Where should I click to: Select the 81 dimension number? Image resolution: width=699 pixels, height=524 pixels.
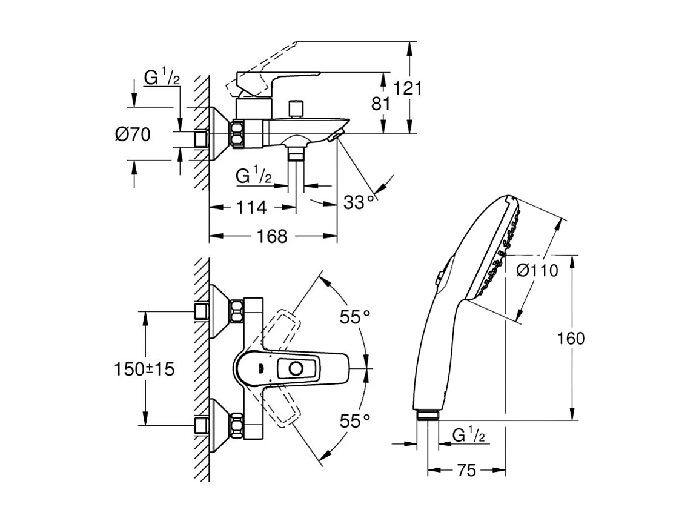tap(380, 104)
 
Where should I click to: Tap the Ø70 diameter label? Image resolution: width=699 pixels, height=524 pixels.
tap(133, 134)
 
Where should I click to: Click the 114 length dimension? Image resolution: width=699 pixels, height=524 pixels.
tap(250, 207)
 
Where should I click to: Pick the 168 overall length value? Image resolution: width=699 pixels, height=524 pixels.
tap(272, 236)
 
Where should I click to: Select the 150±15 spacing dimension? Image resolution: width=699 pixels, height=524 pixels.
tap(144, 368)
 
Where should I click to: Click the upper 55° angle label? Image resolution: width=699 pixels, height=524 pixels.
tap(354, 316)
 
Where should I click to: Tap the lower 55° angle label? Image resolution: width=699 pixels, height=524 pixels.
tap(354, 420)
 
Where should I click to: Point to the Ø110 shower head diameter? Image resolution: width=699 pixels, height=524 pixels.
tap(537, 271)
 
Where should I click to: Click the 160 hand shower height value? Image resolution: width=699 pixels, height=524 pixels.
tap(571, 338)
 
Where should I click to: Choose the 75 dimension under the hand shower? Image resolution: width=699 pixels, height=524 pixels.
tap(466, 471)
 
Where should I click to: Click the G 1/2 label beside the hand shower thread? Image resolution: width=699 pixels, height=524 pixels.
tap(468, 435)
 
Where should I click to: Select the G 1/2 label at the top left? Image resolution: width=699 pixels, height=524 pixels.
tap(162, 78)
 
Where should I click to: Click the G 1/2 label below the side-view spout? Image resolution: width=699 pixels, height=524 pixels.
tap(253, 176)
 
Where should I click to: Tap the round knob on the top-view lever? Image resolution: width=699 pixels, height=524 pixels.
tap(296, 368)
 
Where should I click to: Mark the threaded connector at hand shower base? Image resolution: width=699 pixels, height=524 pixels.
tap(428, 415)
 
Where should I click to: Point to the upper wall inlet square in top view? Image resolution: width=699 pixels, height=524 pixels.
tap(202, 313)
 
